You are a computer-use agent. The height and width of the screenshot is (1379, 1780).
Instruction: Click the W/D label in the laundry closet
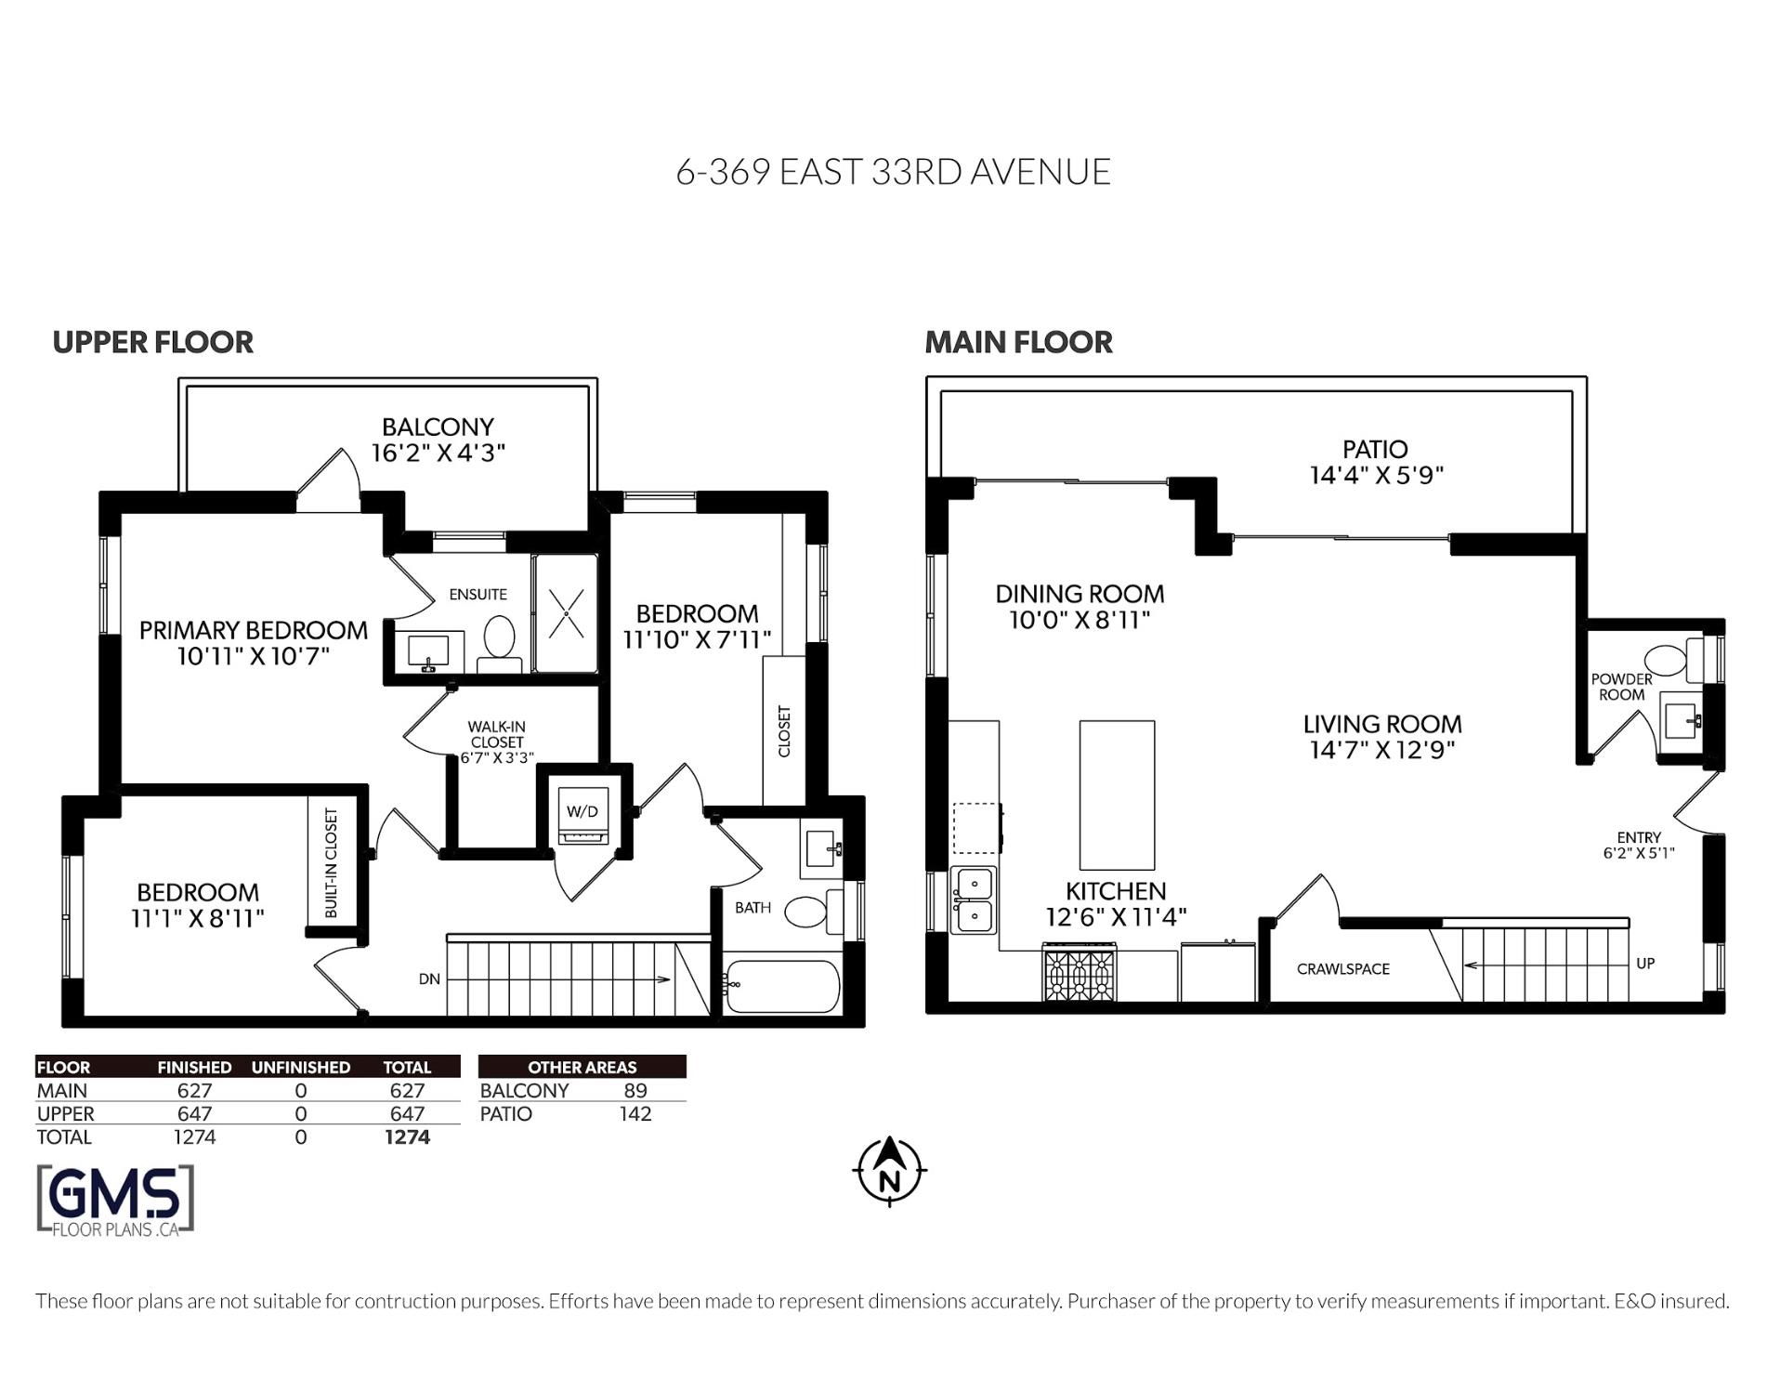tap(582, 811)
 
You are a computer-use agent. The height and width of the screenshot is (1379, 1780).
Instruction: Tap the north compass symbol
tap(889, 1171)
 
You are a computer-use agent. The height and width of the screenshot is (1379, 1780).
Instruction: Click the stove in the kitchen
tap(1079, 972)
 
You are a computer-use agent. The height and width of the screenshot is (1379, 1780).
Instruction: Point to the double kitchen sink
tap(973, 900)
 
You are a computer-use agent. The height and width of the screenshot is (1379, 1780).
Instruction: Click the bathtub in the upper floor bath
tap(781, 986)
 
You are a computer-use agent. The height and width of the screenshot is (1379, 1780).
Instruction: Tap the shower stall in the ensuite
tap(566, 613)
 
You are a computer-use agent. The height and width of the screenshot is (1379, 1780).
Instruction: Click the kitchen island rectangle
tap(1117, 795)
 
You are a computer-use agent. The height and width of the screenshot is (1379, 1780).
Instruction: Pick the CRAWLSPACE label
tap(1343, 969)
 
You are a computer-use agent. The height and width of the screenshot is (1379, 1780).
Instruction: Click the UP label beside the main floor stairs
tap(1644, 964)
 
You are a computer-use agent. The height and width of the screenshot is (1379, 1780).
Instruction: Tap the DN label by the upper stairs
tap(429, 978)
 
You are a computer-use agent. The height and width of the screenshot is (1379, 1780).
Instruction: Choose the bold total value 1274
tap(407, 1136)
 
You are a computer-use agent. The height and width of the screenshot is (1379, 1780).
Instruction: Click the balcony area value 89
tap(635, 1091)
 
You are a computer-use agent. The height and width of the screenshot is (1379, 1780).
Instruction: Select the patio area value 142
tap(635, 1113)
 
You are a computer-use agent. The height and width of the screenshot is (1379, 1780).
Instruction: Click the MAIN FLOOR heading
tap(1018, 342)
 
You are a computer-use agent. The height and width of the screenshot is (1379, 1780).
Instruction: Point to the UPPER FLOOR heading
tap(152, 342)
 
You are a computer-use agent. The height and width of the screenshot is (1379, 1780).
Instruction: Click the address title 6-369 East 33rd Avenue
tap(893, 172)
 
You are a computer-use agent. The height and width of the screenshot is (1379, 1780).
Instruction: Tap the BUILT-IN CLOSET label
tap(332, 863)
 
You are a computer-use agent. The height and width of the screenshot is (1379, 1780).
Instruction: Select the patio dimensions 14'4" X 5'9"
tap(1376, 476)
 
